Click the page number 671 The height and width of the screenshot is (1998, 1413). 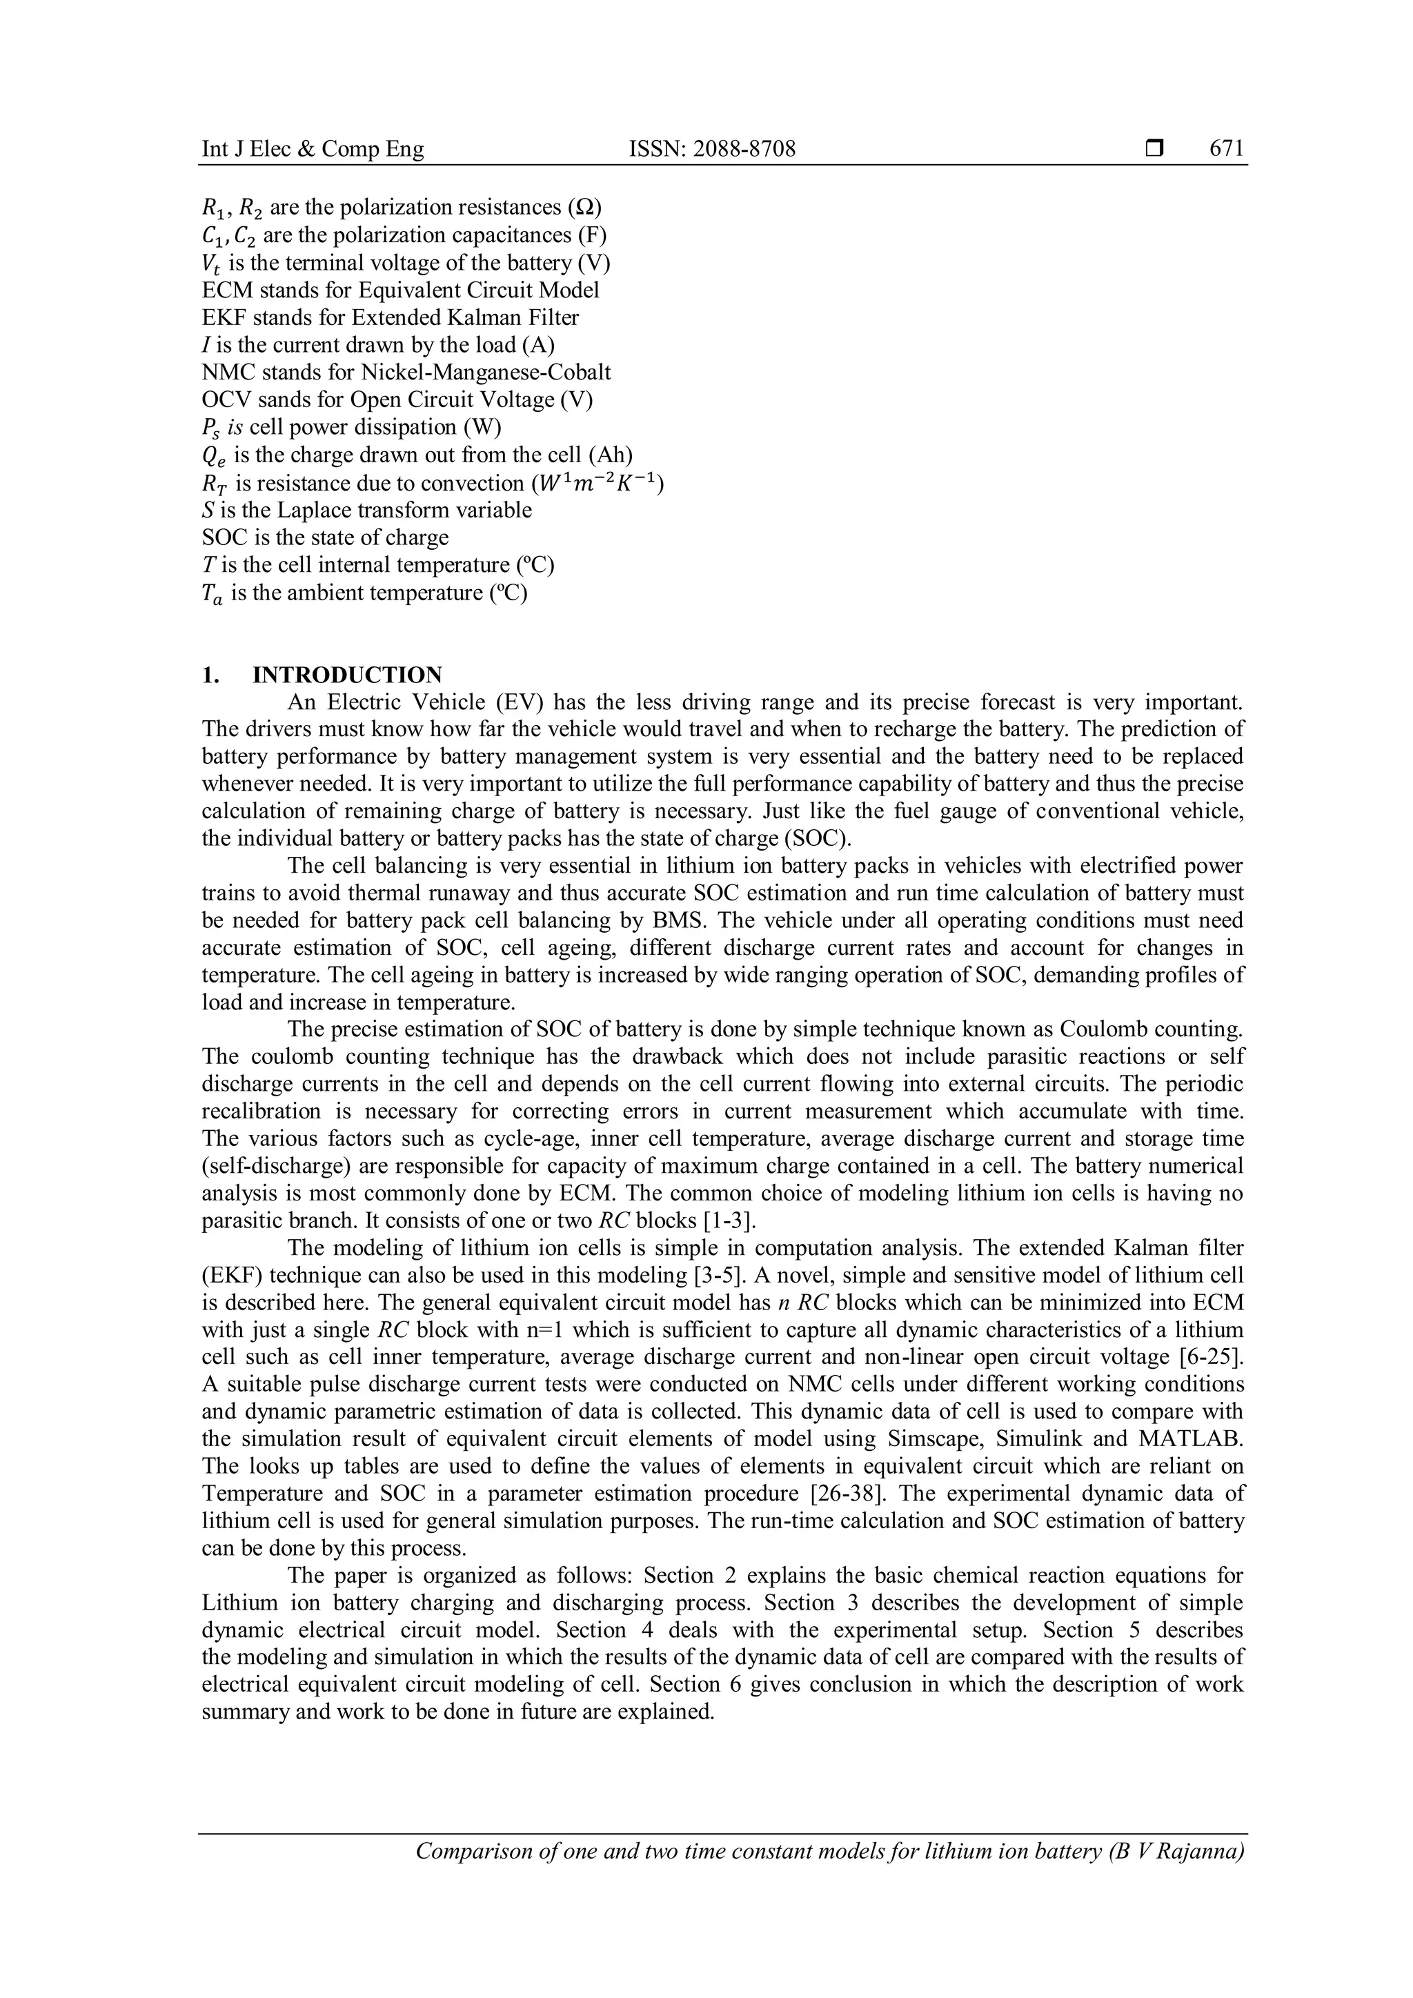1227,149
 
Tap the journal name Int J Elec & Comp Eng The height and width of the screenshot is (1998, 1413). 313,149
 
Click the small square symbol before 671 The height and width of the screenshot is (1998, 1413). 1154,150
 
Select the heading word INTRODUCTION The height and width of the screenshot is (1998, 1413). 347,675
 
